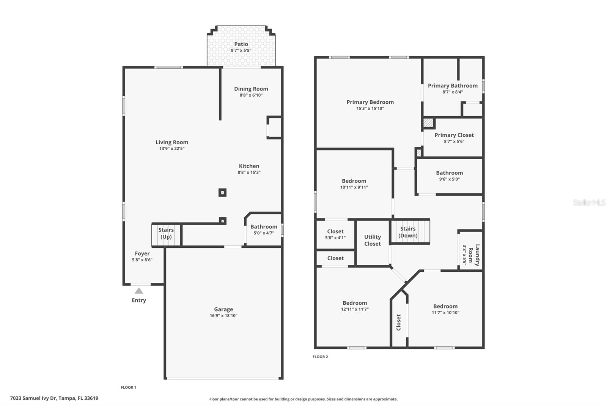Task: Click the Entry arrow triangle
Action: point(139,291)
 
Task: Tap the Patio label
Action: point(241,44)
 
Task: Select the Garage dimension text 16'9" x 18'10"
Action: point(223,316)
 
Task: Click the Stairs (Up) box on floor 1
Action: point(166,234)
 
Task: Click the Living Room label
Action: point(171,142)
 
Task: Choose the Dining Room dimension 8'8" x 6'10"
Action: point(251,95)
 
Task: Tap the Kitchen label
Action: point(249,166)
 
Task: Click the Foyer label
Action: point(142,253)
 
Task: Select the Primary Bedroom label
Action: point(370,102)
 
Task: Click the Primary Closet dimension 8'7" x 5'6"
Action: point(454,141)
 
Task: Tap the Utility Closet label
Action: point(372,240)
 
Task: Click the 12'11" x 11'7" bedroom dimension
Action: point(355,309)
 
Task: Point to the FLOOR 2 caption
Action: point(320,357)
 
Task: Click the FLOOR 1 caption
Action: point(128,388)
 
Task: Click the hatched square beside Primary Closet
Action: point(428,123)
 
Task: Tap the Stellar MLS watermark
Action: point(589,202)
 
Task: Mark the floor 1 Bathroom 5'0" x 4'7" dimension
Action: point(264,233)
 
